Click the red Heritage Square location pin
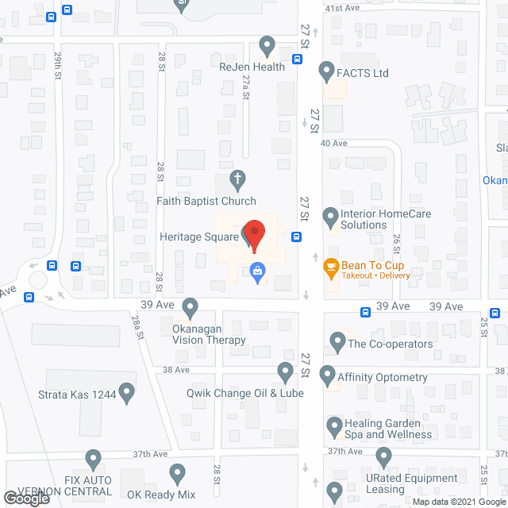click(x=252, y=233)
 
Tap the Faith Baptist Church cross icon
click(x=237, y=178)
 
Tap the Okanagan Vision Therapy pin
click(x=190, y=306)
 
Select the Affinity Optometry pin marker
click(x=326, y=374)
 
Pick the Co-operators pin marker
click(x=337, y=343)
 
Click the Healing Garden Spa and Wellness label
click(x=388, y=429)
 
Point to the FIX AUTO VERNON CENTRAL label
click(x=60, y=486)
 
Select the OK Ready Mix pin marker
click(x=177, y=474)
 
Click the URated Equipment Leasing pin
click(x=384, y=457)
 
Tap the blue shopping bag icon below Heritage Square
click(x=257, y=272)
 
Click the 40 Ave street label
click(x=334, y=143)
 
